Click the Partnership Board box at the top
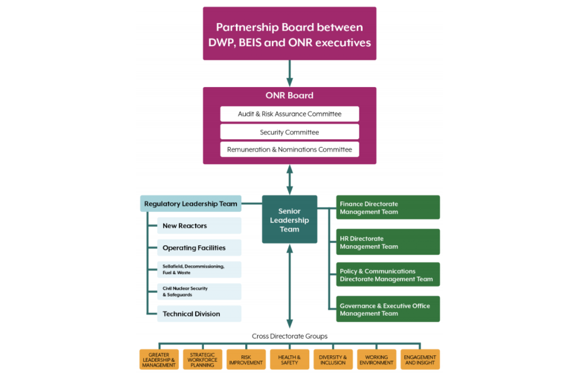pyautogui.click(x=289, y=34)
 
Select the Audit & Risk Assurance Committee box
pyautogui.click(x=289, y=114)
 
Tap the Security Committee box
pyautogui.click(x=289, y=132)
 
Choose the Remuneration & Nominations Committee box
pyautogui.click(x=289, y=150)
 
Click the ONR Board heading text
pyautogui.click(x=289, y=95)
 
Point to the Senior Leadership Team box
pyautogui.click(x=289, y=220)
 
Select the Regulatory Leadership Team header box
pyautogui.click(x=191, y=204)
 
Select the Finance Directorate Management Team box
pyautogui.click(x=388, y=208)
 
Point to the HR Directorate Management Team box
pyautogui.click(x=388, y=242)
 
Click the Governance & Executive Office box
pyautogui.click(x=388, y=309)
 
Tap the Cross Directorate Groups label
pyautogui.click(x=289, y=336)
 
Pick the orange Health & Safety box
pyautogui.click(x=289, y=359)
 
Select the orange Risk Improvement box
pyautogui.click(x=246, y=359)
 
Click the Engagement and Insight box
pyautogui.click(x=420, y=359)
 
